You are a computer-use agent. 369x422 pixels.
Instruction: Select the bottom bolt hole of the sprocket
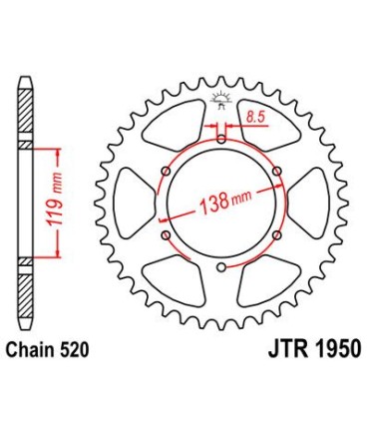219,268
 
